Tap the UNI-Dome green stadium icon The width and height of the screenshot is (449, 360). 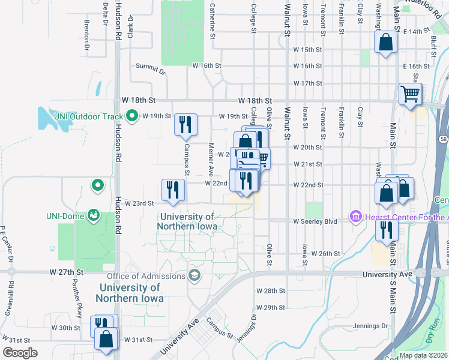tap(93, 214)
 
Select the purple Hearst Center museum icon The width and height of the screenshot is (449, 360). tap(355, 215)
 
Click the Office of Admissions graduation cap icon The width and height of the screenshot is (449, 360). tap(193, 275)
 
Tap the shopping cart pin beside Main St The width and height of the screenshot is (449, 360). tap(411, 94)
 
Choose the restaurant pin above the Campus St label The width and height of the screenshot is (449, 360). tap(185, 124)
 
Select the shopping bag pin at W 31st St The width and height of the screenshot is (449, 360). tap(106, 338)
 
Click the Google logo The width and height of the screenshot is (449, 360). tap(20, 353)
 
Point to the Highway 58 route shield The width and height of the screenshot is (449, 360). tap(442, 139)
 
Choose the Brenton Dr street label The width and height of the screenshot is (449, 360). tap(87, 34)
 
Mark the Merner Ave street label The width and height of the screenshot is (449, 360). tap(211, 155)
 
